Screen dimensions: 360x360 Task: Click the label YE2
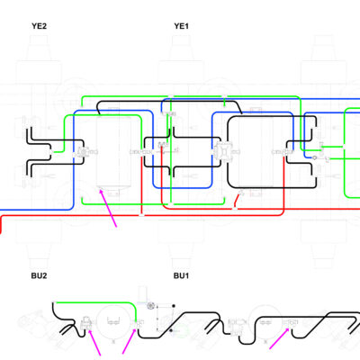pyautogui.click(x=39, y=26)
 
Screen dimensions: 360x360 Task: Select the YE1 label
pyautogui.click(x=182, y=26)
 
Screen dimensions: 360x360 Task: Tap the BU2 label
pyautogui.click(x=39, y=275)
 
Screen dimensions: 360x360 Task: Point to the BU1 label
pyautogui.click(x=181, y=275)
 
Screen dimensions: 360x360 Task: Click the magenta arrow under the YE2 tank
pyautogui.click(x=108, y=208)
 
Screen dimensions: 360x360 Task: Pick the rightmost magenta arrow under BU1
pyautogui.click(x=279, y=338)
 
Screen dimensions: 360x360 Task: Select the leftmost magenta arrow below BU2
pyautogui.click(x=94, y=342)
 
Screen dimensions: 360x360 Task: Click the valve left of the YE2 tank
pyautogui.click(x=82, y=152)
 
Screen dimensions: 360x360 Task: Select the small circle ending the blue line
pyautogui.click(x=315, y=157)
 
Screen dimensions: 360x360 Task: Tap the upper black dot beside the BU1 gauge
pyautogui.click(x=174, y=306)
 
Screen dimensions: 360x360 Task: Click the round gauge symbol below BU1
pyautogui.click(x=150, y=306)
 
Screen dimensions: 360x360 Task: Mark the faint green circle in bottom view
pyautogui.click(x=181, y=331)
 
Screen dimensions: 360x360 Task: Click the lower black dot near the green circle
pyautogui.click(x=171, y=330)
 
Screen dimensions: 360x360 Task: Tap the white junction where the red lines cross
pyautogui.click(x=141, y=215)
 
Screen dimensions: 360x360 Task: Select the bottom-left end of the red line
pyautogui.click(x=1, y=232)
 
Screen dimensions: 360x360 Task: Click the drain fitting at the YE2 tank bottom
pyautogui.click(x=101, y=189)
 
